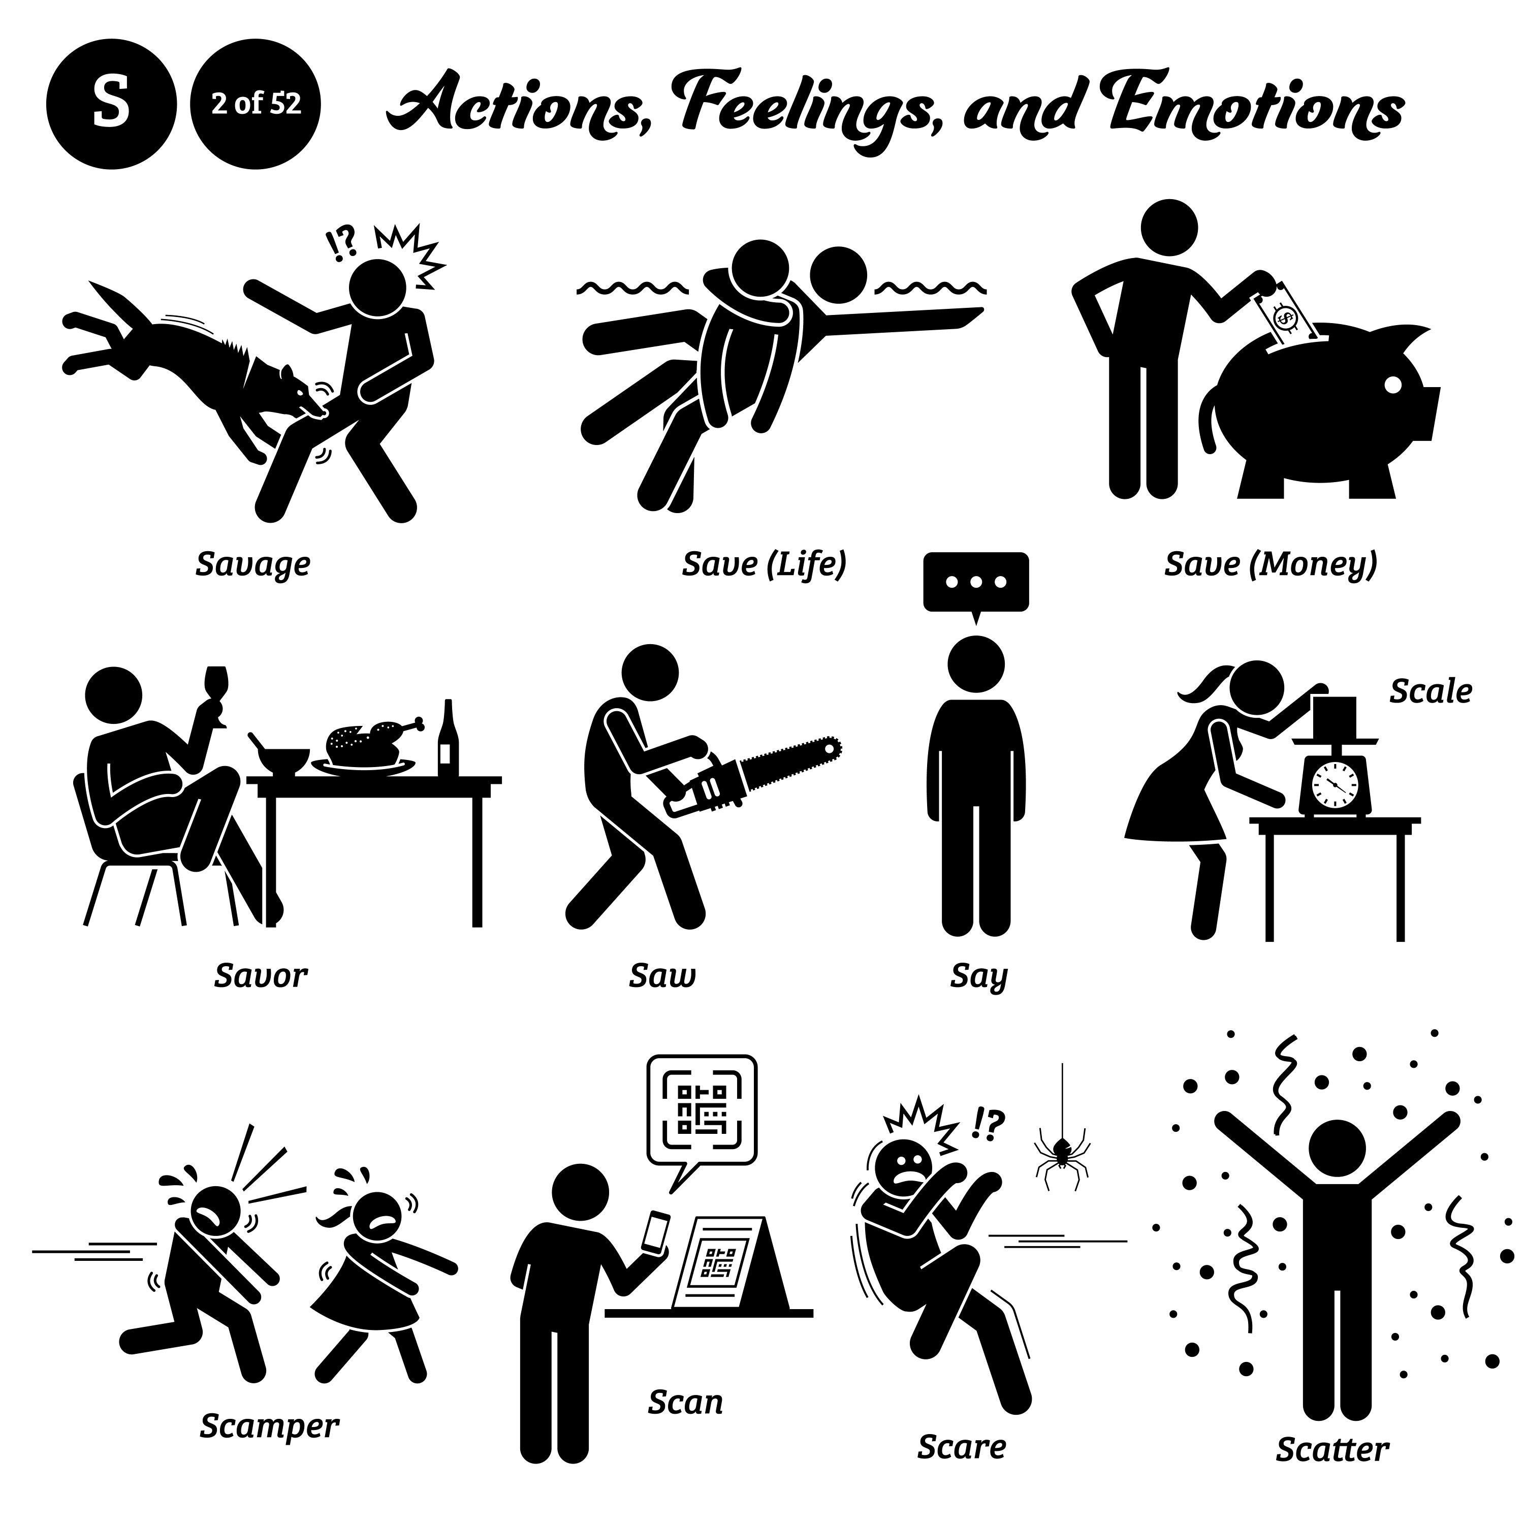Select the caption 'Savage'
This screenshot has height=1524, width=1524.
[253, 565]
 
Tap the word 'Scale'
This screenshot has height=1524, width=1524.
[1430, 692]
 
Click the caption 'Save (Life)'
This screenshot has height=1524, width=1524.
[764, 565]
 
